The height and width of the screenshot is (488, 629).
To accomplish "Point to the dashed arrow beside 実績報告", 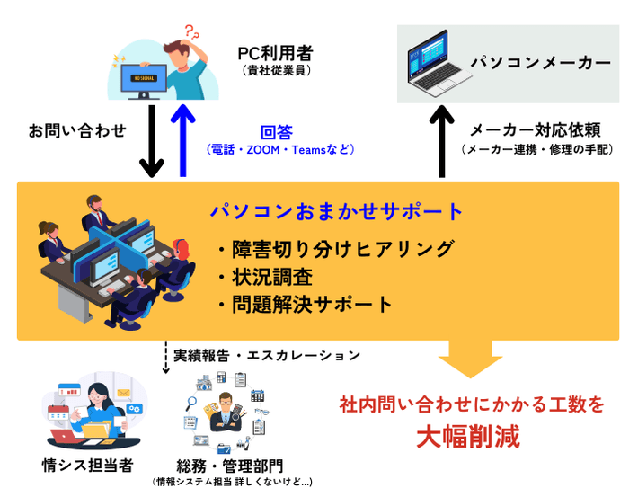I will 166,357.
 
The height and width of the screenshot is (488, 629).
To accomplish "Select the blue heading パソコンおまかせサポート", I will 337,212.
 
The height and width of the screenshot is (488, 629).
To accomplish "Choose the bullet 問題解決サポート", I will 306,304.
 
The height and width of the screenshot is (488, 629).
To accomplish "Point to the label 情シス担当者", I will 87,465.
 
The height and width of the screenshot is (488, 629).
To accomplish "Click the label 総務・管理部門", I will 230,466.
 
